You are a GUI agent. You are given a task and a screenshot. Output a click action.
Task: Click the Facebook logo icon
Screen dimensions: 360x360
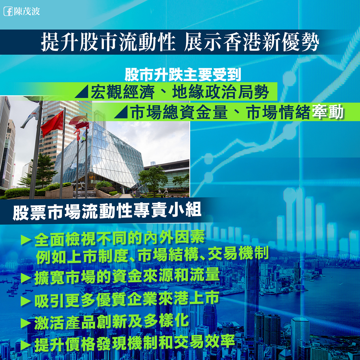[8, 11]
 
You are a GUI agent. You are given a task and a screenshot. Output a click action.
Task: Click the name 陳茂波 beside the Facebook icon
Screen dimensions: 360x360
[27, 11]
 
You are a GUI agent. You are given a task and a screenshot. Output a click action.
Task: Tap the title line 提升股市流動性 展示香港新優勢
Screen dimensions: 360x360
[180, 42]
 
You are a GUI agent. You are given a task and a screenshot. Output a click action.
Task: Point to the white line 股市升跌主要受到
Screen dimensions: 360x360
[183, 75]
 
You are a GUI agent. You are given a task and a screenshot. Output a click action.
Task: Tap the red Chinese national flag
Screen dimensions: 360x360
[53, 124]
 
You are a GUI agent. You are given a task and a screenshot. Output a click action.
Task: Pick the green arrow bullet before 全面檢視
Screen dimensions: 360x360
[26, 239]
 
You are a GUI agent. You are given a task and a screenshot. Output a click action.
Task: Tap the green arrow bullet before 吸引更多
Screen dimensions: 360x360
[26, 301]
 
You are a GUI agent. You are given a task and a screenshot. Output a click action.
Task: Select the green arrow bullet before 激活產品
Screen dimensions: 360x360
[26, 323]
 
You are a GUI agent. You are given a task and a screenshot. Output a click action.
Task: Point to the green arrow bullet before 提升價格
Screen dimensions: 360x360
[26, 345]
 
